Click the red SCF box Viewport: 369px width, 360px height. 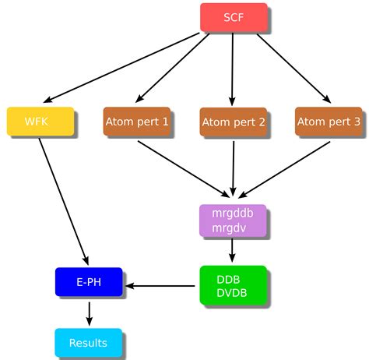click(x=234, y=17)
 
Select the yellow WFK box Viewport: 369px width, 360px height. click(x=40, y=122)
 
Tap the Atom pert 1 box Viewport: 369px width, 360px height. click(x=136, y=122)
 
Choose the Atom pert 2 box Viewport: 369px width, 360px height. click(x=233, y=122)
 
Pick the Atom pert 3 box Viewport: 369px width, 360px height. click(x=329, y=122)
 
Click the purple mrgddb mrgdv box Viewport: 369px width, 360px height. click(x=232, y=221)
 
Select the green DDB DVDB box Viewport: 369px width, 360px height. click(x=232, y=285)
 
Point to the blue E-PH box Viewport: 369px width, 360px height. click(x=89, y=283)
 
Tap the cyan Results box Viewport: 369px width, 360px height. click(x=88, y=343)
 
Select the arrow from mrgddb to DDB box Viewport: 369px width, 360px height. click(x=232, y=251)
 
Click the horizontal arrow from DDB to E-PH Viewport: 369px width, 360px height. click(x=160, y=286)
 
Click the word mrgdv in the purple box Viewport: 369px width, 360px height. click(x=227, y=228)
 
